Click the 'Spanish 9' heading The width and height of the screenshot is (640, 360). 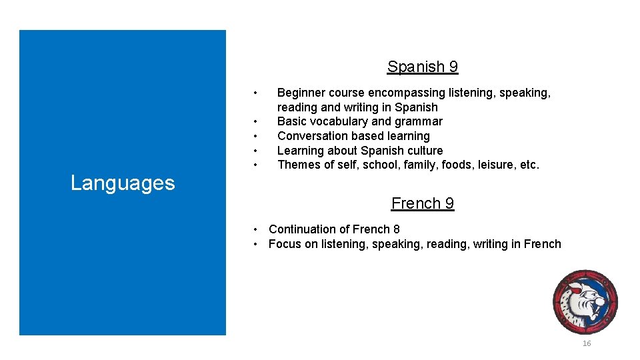pos(422,67)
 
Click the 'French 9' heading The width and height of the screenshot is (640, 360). pos(422,203)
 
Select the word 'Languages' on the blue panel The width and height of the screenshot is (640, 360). pos(123,183)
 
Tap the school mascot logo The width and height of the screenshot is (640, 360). pos(585,301)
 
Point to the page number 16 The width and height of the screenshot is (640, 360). pos(587,343)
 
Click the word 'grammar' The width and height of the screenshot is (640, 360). pos(419,121)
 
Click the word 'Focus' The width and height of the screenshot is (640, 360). pos(285,244)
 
